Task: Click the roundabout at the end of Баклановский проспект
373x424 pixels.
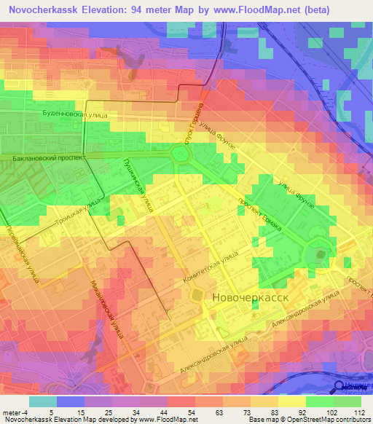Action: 178,152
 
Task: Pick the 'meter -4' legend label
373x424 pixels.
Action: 14,412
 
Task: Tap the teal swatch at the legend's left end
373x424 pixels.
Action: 42,401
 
